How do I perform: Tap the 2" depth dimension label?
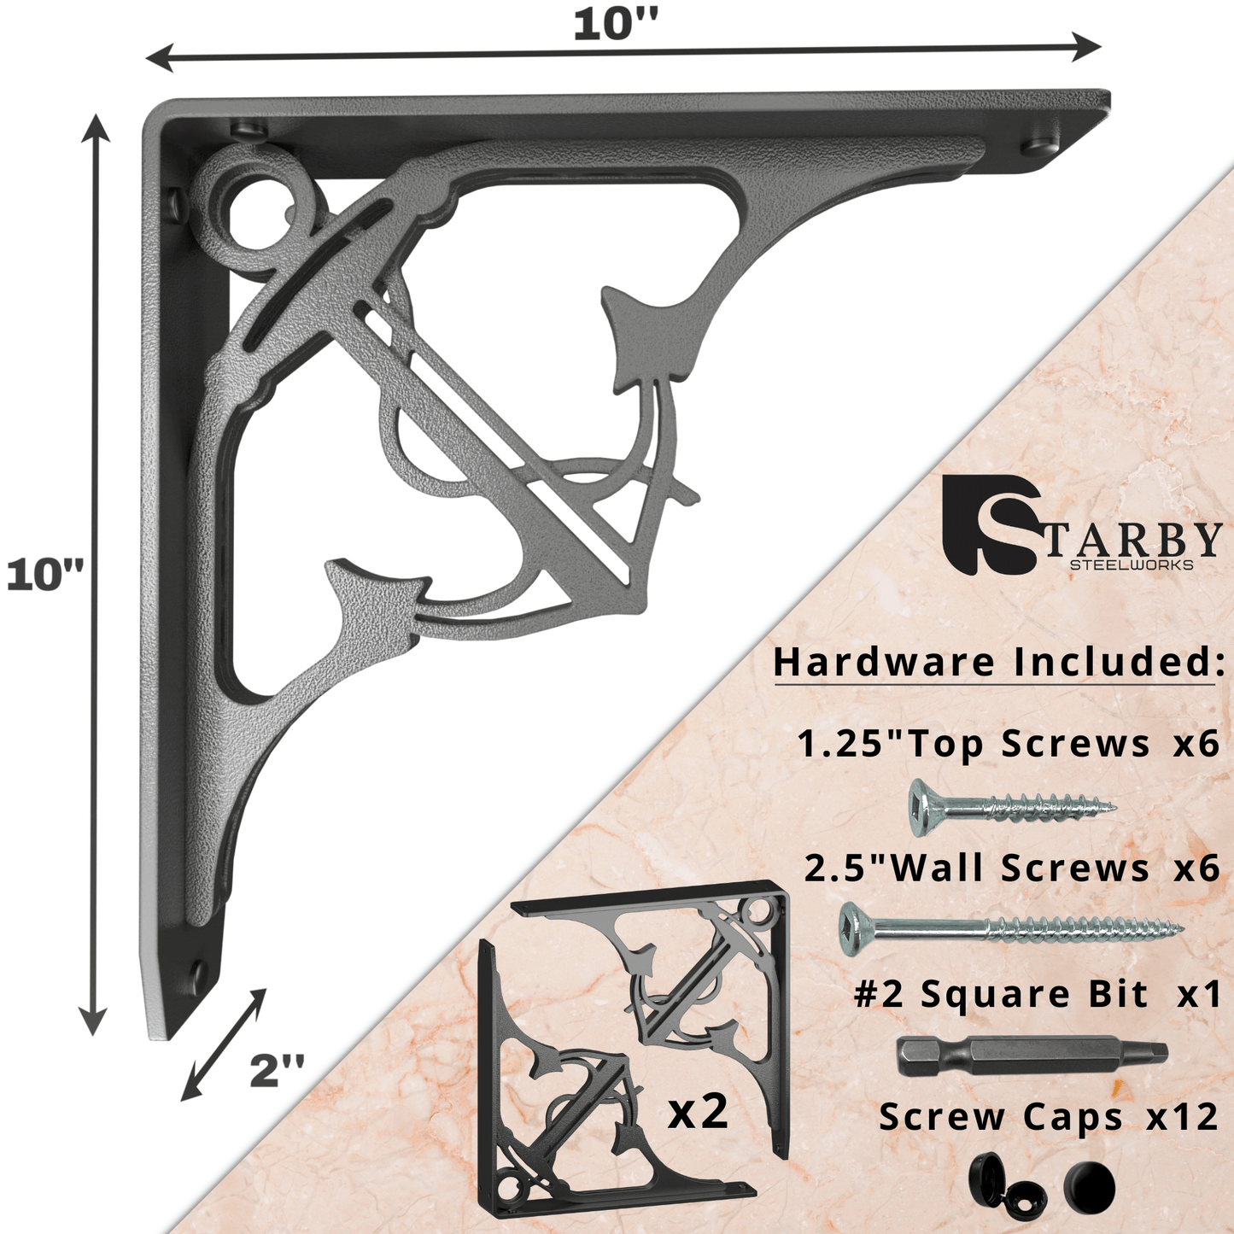point(277,1070)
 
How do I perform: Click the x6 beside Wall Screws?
point(1196,868)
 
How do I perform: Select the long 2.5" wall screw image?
point(1012,927)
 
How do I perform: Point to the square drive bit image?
point(1032,1056)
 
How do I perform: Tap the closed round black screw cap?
point(1090,1187)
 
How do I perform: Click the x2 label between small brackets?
point(698,1111)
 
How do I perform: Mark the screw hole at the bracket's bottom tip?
point(197,972)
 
